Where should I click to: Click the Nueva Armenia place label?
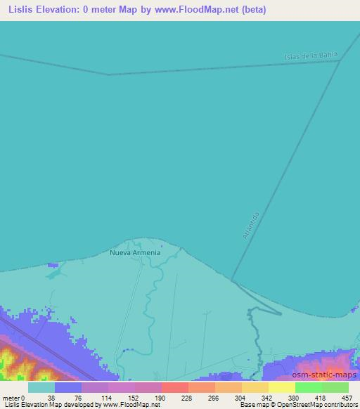point(135,252)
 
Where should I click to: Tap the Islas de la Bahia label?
point(311,56)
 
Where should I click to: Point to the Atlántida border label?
point(251,226)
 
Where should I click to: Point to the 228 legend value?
point(188,397)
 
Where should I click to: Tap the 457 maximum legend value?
point(348,397)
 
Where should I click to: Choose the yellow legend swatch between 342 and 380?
point(281,387)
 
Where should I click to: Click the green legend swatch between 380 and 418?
point(308,387)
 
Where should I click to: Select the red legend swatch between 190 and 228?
point(174,387)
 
